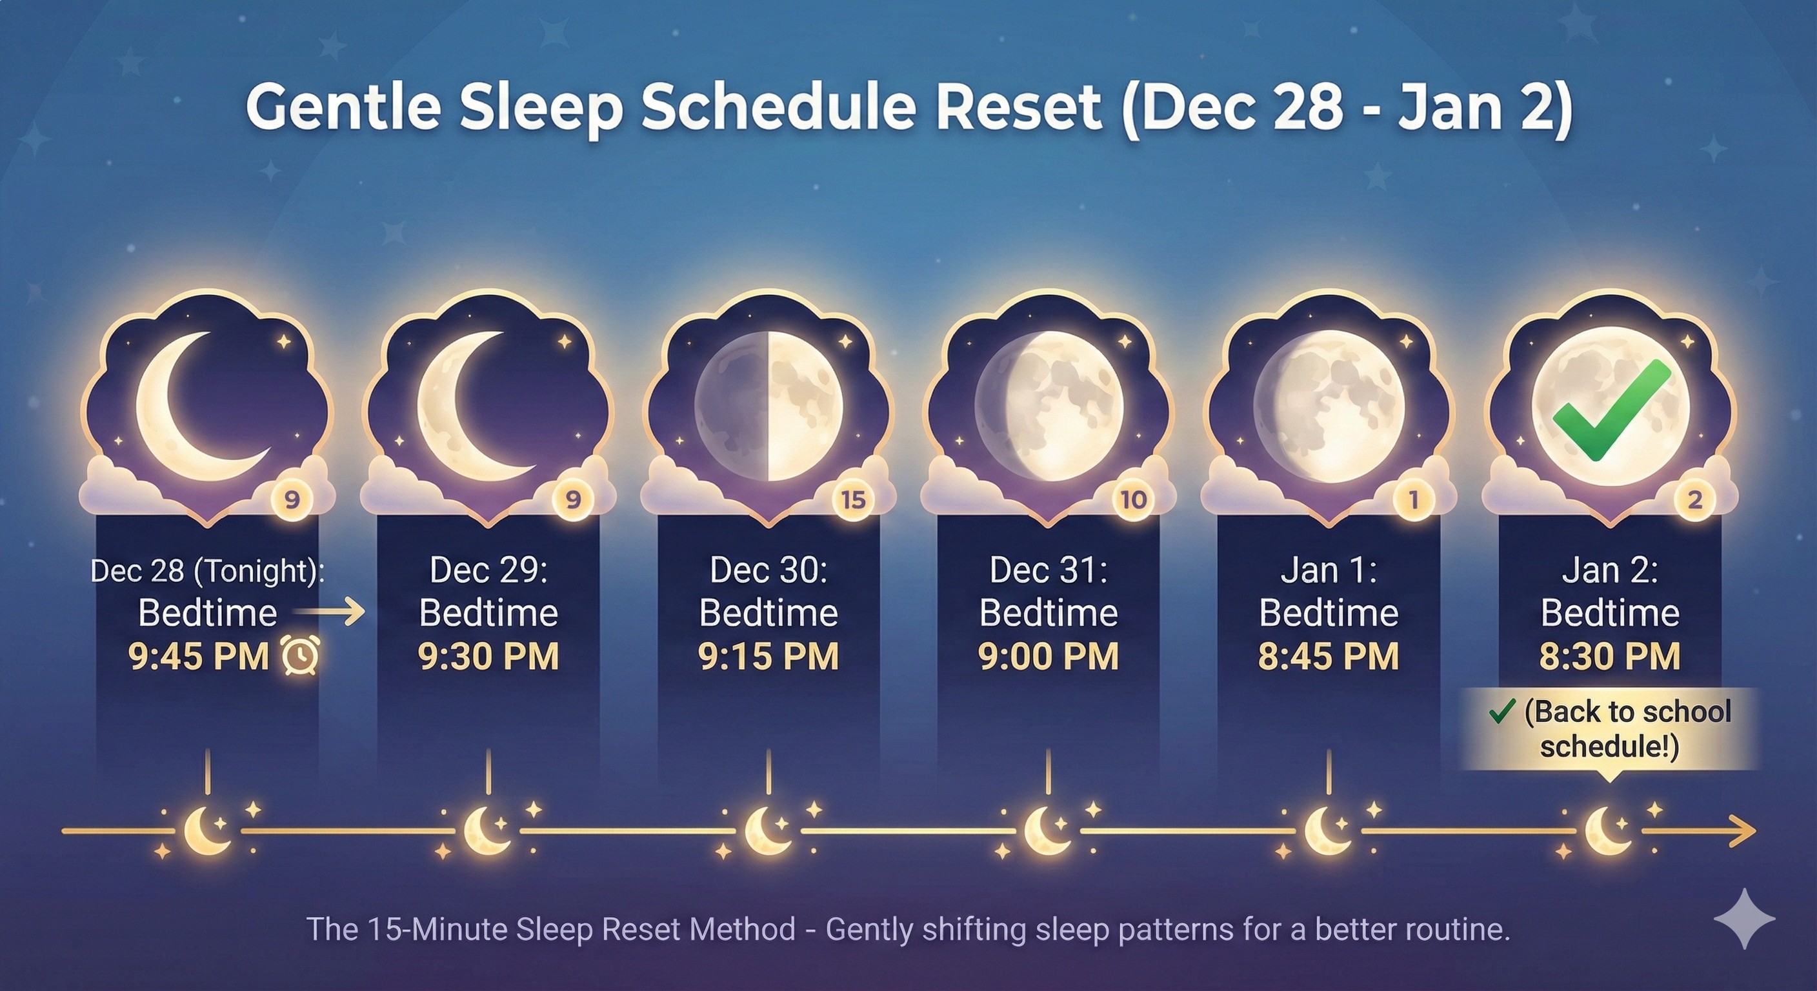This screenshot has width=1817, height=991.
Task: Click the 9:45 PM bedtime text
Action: click(198, 657)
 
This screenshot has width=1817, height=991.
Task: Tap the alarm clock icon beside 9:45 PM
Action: click(301, 656)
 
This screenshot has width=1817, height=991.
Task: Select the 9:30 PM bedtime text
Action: click(488, 657)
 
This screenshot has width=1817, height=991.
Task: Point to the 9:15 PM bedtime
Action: click(768, 657)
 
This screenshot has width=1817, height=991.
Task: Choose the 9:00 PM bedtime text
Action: click(1048, 657)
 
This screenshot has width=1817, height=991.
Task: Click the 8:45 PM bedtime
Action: click(1328, 657)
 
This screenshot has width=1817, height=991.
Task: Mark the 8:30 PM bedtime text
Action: click(1609, 657)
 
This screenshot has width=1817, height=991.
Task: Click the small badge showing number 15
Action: click(853, 500)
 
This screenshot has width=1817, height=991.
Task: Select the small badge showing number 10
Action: click(1133, 500)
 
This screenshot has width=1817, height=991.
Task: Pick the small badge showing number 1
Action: click(1413, 500)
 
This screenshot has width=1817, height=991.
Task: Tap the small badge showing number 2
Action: click(1694, 500)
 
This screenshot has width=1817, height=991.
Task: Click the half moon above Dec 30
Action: click(768, 406)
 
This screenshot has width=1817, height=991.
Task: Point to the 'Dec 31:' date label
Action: click(1048, 570)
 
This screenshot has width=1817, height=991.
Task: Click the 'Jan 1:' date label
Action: click(1328, 570)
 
